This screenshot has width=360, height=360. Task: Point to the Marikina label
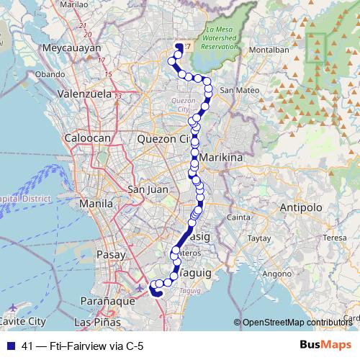(222, 156)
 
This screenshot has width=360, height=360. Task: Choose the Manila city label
(96, 204)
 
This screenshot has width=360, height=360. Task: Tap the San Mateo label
(237, 90)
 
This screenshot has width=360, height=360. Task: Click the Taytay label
(258, 237)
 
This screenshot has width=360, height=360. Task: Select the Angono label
(274, 274)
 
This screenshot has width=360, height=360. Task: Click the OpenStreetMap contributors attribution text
(297, 323)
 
